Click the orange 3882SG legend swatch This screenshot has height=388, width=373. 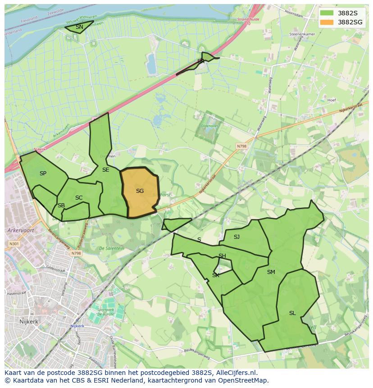(328, 22)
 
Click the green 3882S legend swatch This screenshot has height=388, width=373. (328, 13)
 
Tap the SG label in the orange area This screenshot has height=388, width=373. (140, 191)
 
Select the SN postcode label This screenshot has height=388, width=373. (79, 27)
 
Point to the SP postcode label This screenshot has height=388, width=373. (43, 173)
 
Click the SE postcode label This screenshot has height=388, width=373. (105, 170)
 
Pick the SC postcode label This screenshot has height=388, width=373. (79, 198)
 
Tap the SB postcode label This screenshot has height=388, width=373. (61, 205)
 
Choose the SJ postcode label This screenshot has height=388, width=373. (237, 237)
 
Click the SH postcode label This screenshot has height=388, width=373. (222, 256)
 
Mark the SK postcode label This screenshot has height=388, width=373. (216, 275)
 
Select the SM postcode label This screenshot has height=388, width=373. (271, 272)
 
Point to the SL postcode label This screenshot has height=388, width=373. (292, 313)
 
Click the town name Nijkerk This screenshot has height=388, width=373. (30, 322)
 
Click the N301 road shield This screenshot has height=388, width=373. (14, 244)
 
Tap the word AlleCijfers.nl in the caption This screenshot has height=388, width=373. (236, 373)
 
